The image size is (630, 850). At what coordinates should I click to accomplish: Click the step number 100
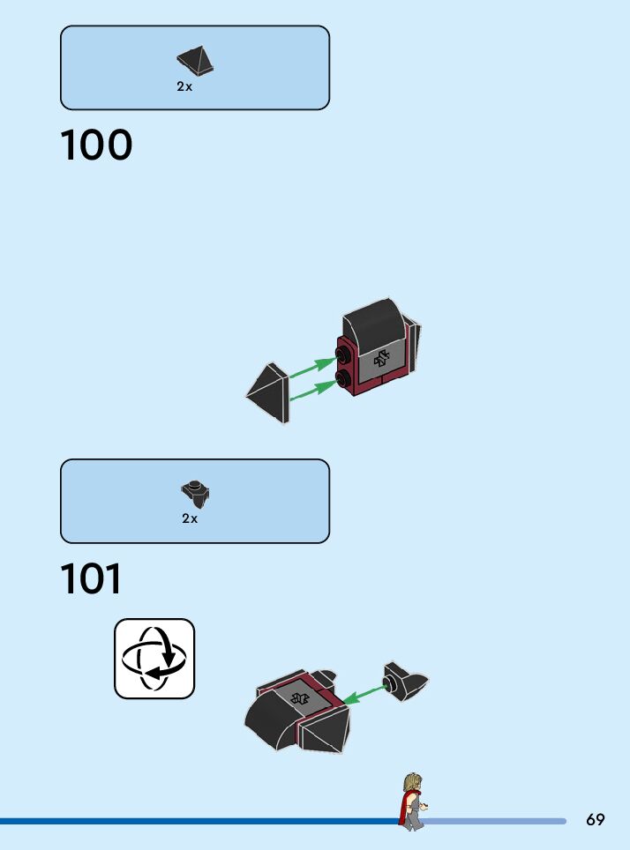(96, 146)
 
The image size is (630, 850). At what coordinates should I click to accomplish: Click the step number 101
(91, 579)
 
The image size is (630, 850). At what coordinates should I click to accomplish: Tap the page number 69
(596, 820)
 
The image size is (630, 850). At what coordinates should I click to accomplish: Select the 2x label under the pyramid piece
(184, 87)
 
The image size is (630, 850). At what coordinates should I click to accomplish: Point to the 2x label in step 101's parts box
(190, 518)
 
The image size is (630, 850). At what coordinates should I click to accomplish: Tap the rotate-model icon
(154, 659)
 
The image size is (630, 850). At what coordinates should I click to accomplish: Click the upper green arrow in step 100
(312, 368)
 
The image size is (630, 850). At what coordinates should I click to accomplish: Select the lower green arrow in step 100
(312, 390)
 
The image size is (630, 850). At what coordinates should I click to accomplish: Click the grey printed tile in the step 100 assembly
(382, 359)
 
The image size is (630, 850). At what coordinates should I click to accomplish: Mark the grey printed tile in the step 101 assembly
(300, 697)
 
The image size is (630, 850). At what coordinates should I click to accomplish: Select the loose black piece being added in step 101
(406, 682)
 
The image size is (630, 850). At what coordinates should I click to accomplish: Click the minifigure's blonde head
(412, 782)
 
